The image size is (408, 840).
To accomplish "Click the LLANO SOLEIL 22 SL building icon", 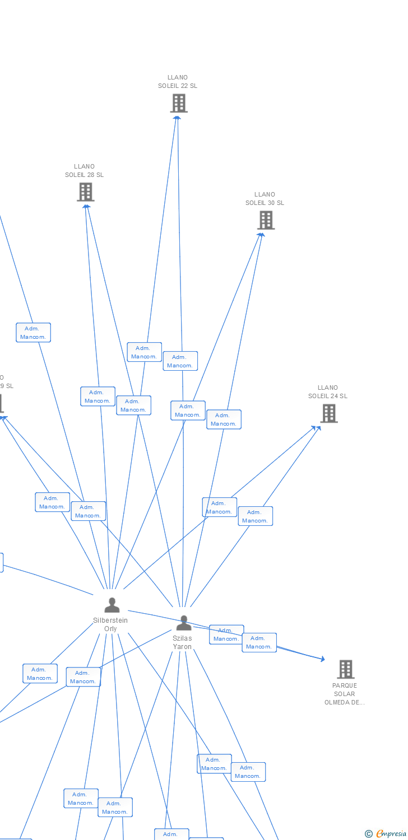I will click(179, 104).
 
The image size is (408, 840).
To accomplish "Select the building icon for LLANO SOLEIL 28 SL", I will click(85, 192).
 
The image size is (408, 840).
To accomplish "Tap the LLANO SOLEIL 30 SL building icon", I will click(266, 220).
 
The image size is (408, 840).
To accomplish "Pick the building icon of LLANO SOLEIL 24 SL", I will click(328, 413).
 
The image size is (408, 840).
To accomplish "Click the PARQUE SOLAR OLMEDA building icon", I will click(345, 669).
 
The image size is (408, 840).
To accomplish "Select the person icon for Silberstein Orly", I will click(112, 605).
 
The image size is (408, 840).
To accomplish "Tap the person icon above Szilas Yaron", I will click(183, 623).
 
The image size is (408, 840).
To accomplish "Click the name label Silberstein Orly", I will click(110, 624).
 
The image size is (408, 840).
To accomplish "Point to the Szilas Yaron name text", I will click(182, 642).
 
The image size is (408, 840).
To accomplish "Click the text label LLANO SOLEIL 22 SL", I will click(178, 82).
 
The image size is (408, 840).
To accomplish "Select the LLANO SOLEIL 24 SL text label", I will click(328, 392).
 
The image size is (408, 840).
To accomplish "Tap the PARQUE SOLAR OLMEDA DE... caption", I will click(345, 694).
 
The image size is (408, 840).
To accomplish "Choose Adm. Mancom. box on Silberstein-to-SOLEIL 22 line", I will click(144, 352).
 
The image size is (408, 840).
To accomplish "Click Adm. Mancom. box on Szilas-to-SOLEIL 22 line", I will click(180, 361).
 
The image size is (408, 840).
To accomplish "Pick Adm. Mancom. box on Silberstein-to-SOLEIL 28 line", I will click(98, 396).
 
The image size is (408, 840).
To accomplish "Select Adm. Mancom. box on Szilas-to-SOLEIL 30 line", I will click(224, 419).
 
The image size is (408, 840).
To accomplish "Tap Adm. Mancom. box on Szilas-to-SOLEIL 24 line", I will click(255, 516).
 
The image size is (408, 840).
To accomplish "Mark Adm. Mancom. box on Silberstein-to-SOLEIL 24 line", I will click(219, 507).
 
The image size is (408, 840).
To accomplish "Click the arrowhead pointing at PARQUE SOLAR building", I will click(322, 659).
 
